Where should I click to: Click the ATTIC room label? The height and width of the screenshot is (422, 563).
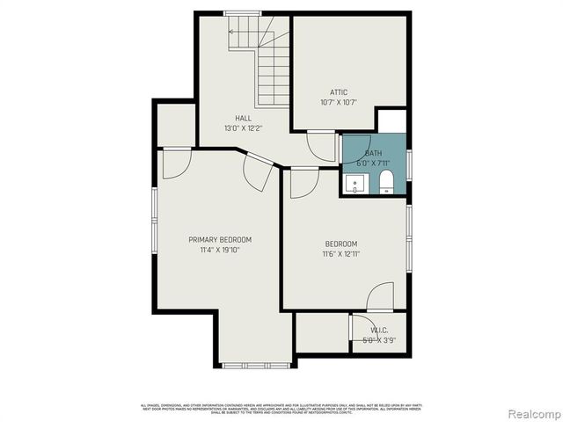click(x=339, y=92)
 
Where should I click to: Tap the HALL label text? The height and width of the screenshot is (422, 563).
click(x=243, y=118)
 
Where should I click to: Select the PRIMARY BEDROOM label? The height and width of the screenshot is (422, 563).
click(x=220, y=240)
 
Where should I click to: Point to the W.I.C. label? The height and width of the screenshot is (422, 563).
click(x=379, y=331)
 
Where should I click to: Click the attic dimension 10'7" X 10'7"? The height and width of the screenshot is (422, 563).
click(x=339, y=103)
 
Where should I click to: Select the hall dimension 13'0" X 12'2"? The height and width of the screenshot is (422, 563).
click(x=243, y=128)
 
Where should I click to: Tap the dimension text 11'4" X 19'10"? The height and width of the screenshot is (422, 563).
click(x=220, y=251)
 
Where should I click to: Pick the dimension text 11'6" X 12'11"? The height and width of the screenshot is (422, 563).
click(x=341, y=254)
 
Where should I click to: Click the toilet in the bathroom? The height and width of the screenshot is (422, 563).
click(x=385, y=183)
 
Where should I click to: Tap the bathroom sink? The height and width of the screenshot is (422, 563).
click(x=355, y=184)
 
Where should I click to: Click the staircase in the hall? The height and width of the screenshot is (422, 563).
click(x=264, y=62)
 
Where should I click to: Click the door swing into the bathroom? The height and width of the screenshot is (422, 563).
click(x=322, y=146)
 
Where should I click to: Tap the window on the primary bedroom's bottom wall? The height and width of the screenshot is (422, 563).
click(x=248, y=364)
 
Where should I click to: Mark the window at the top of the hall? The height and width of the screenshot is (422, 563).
click(x=243, y=13)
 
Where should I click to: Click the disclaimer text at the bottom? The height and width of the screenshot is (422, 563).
click(x=281, y=407)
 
